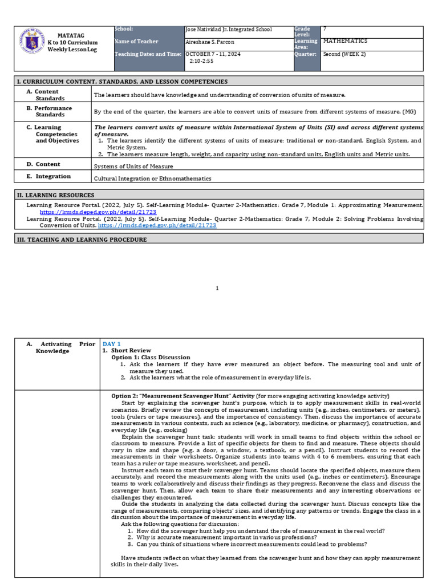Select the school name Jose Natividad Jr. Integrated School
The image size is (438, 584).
[229, 30]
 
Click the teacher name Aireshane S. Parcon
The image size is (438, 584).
[210, 42]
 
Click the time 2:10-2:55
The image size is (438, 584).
[202, 61]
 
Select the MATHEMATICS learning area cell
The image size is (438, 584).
[345, 41]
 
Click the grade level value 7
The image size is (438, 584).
[325, 29]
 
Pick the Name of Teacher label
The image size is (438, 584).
[137, 42]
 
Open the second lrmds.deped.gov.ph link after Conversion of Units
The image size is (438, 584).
[157, 226]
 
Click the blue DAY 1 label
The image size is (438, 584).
[112, 344]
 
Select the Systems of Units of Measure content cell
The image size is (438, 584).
[133, 167]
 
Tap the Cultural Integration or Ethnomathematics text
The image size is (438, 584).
[152, 179]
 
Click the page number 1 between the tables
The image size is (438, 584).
[217, 289]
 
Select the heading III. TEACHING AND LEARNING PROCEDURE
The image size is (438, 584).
[80, 240]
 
